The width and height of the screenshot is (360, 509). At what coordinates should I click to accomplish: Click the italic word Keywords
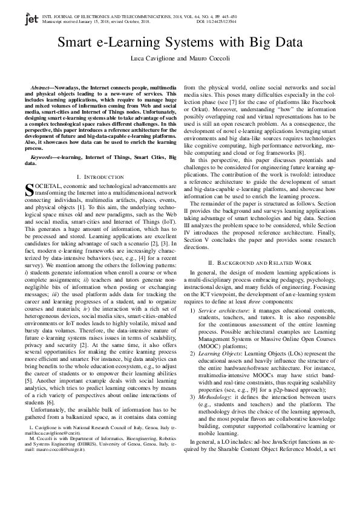43,157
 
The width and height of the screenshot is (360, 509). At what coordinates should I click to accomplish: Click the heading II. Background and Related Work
259,280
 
